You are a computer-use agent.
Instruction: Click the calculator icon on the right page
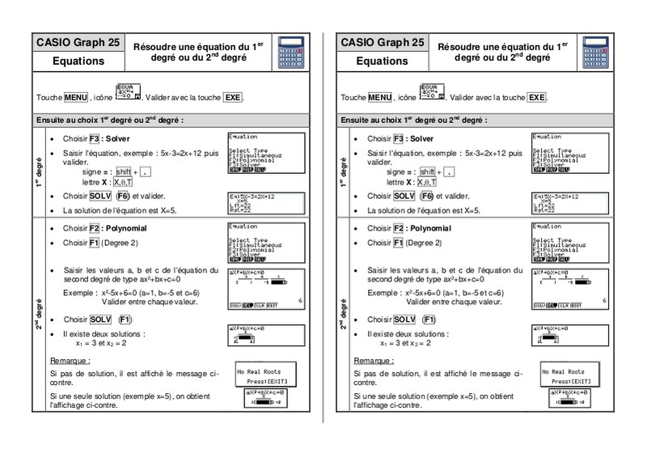click(x=592, y=53)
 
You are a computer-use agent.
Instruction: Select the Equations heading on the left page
click(x=78, y=61)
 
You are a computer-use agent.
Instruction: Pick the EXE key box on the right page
click(x=536, y=97)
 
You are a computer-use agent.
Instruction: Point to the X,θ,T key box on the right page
click(x=430, y=183)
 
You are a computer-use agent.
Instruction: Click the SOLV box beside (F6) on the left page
click(x=101, y=197)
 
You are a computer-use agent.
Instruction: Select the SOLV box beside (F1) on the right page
click(x=405, y=319)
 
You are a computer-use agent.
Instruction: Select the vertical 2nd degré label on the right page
click(x=344, y=316)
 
